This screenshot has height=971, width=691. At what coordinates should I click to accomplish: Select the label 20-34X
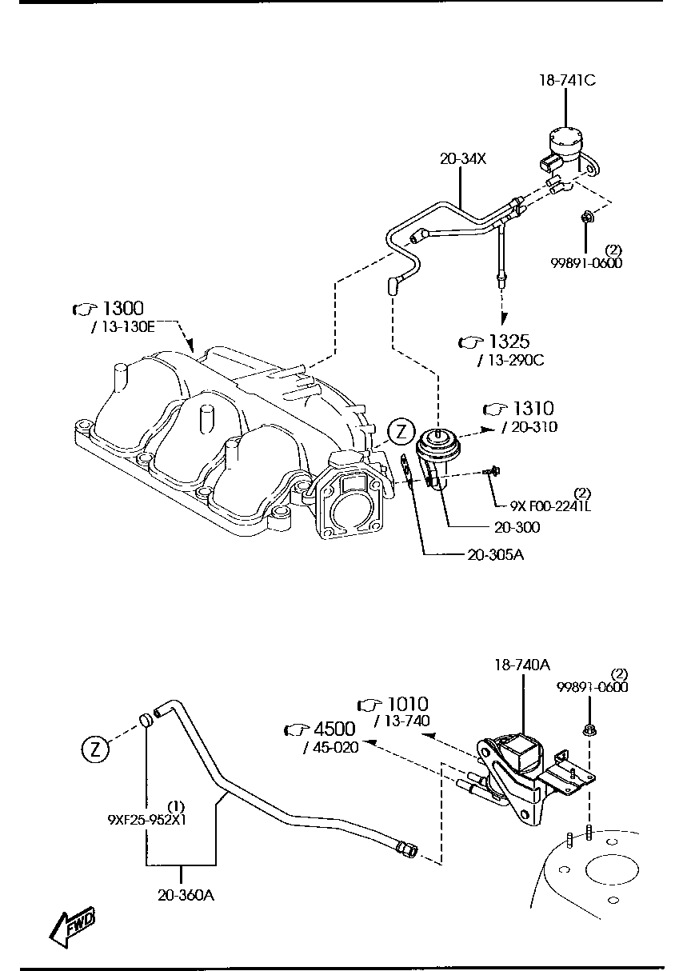coord(463,159)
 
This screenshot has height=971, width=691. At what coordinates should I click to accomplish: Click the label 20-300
coord(517,527)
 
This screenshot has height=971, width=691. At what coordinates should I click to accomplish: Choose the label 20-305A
coord(495,554)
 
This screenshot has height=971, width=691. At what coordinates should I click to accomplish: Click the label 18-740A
coord(522,665)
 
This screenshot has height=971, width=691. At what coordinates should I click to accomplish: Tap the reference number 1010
coord(407,705)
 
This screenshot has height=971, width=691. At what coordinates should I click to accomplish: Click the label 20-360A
coord(186,895)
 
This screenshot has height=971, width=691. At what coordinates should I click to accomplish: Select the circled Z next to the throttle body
coord(401,433)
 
